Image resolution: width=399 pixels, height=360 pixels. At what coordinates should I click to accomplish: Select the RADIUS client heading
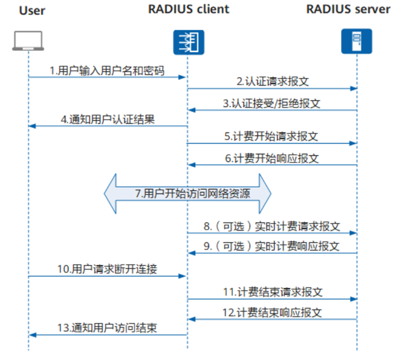(188, 9)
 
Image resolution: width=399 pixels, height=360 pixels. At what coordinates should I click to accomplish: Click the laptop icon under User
(28, 42)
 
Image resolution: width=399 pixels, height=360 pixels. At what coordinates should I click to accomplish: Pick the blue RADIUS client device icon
(188, 42)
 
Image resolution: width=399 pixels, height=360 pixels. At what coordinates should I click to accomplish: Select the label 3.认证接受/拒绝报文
(272, 103)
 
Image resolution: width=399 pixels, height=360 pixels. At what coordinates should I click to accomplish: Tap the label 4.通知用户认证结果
(108, 119)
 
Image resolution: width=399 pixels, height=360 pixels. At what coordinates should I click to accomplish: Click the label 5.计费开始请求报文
(271, 136)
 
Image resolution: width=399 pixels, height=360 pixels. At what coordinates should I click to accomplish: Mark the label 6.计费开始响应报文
(272, 158)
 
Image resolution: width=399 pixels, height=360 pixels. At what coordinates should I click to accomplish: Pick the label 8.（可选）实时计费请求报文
(272, 226)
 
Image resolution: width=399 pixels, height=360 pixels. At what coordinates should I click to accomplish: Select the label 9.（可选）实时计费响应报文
(272, 246)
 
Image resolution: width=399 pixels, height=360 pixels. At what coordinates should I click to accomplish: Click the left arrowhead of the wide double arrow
(111, 193)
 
